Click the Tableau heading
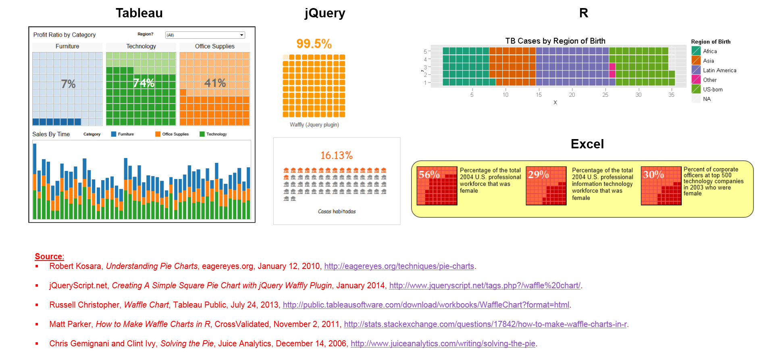(139, 13)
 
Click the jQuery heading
(325, 13)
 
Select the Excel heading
(587, 144)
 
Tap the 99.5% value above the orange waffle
(314, 44)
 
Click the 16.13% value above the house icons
(336, 155)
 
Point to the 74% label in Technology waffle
(144, 83)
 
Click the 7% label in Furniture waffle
(68, 84)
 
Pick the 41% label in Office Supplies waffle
(215, 83)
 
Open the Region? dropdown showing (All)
(205, 35)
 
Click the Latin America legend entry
(719, 70)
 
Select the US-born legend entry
(712, 89)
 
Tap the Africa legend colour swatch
(696, 51)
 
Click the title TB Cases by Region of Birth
(555, 41)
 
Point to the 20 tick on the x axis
(572, 95)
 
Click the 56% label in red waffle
(429, 175)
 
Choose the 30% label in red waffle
(653, 175)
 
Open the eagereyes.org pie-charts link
(399, 266)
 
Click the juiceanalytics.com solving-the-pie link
(443, 343)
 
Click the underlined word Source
(48, 256)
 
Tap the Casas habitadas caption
(337, 211)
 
